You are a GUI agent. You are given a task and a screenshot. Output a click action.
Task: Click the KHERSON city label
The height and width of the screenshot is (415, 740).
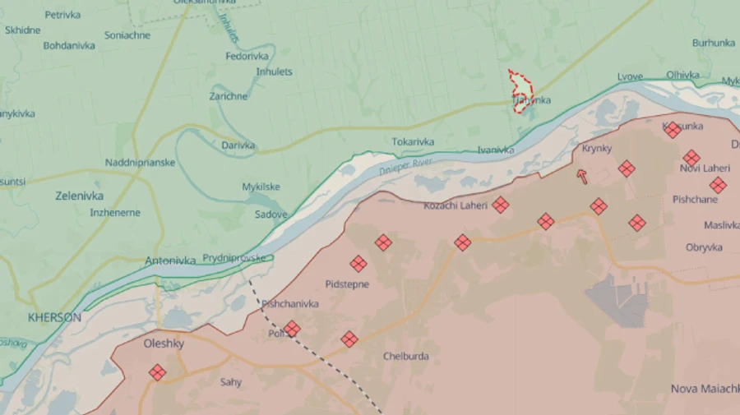[x=54, y=317]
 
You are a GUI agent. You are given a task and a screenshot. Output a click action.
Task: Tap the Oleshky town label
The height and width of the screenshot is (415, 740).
[x=164, y=344]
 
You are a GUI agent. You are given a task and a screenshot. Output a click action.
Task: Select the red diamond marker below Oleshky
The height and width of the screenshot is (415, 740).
[x=157, y=372]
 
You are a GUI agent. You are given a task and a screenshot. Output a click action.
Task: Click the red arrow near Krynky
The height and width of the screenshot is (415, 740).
[x=583, y=176]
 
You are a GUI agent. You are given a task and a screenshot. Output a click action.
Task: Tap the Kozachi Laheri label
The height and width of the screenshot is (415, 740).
[x=456, y=205]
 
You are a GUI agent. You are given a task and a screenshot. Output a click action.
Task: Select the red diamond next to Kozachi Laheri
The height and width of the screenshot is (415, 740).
[x=500, y=205]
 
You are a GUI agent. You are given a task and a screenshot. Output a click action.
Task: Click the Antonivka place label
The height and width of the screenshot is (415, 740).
[x=170, y=261]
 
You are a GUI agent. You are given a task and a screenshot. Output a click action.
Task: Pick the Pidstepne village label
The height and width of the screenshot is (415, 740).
[x=347, y=284]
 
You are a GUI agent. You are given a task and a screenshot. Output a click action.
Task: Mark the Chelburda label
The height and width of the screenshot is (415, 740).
[x=405, y=356]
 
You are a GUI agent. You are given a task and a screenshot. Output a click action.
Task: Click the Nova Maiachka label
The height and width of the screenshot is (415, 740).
[x=705, y=389]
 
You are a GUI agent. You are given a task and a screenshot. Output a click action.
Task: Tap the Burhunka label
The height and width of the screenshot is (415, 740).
[x=713, y=43]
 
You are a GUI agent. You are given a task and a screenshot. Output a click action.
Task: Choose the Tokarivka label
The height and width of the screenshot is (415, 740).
[x=413, y=142]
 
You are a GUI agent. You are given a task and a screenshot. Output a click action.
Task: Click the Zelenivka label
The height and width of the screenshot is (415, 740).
[x=79, y=196]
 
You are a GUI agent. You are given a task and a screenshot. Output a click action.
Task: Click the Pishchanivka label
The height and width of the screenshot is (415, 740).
[x=289, y=304]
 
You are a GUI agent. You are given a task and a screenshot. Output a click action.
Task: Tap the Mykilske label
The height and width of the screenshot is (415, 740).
[x=261, y=187]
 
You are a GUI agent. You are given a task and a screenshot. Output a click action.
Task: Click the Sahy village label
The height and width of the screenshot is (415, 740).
[x=230, y=382]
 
